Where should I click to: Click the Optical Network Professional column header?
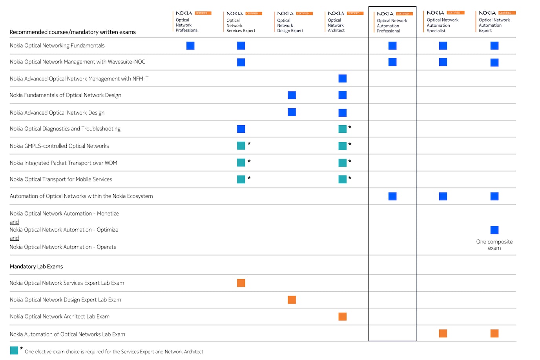[187, 25]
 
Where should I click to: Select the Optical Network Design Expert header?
[290, 25]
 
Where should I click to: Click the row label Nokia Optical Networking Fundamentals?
[57, 46]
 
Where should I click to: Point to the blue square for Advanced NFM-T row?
[343, 79]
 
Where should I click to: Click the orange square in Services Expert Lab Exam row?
[241, 283]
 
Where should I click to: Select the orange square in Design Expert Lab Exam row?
[292, 300]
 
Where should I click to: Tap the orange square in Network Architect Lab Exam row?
[343, 317]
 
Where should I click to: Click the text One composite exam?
[494, 245]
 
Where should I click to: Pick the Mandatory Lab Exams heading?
[36, 267]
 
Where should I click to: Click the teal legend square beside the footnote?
[14, 350]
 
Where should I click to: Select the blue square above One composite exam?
[494, 230]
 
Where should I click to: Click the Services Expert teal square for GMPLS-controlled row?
[241, 146]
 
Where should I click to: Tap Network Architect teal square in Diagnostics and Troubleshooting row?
[343, 129]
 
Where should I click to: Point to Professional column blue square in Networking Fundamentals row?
[190, 46]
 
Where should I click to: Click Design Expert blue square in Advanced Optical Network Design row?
[292, 112]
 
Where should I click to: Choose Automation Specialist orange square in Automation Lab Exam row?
[443, 334]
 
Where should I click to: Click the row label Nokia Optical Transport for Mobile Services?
[61, 179]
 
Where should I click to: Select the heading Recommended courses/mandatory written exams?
[73, 32]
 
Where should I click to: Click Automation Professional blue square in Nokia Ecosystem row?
[392, 196]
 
